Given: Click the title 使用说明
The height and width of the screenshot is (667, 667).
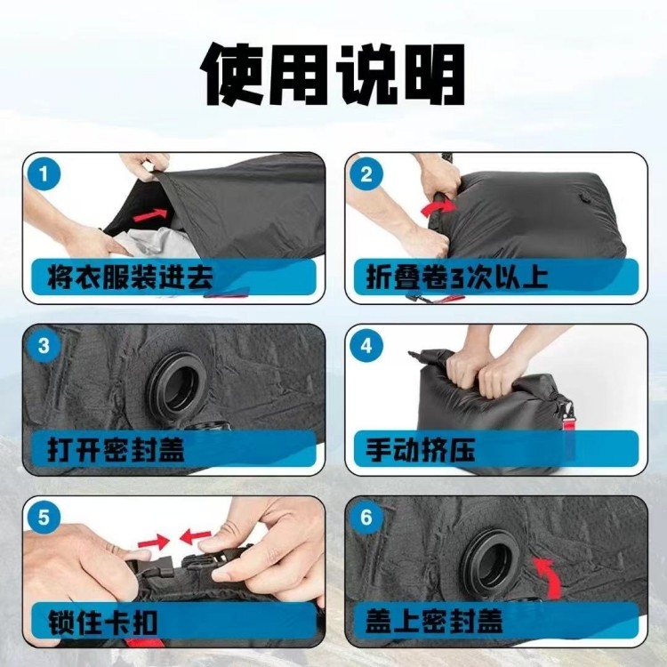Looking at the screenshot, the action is point(333,74).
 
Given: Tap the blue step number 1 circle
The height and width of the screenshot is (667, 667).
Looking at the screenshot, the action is point(44,174).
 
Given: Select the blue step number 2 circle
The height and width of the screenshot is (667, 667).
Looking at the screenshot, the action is point(366,174).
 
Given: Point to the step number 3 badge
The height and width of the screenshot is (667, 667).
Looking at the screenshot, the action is point(44,345).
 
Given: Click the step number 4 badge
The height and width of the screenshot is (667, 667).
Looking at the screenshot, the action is point(366,345).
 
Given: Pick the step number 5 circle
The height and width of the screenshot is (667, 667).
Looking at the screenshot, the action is point(44,518).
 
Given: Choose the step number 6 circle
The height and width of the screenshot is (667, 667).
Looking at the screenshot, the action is point(366,518).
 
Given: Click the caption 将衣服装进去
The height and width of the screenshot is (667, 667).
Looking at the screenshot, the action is point(130,277).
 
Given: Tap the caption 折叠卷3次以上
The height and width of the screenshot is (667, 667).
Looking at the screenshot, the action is point(457,277).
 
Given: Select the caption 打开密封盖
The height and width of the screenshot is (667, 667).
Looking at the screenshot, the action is point(116,450).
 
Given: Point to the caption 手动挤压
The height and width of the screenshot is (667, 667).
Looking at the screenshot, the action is point(421,450).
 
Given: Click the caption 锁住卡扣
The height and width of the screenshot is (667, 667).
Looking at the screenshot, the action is point(102,623).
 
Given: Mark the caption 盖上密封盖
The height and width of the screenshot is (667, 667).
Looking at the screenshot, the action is point(434,621).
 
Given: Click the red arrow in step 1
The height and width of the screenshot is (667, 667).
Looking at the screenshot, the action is point(150,215).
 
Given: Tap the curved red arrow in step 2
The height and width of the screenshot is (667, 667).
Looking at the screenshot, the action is point(438,208).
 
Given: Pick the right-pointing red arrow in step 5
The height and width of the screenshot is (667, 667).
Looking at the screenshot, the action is point(154,541).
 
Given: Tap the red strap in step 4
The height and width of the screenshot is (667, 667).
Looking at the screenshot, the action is point(567,430).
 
